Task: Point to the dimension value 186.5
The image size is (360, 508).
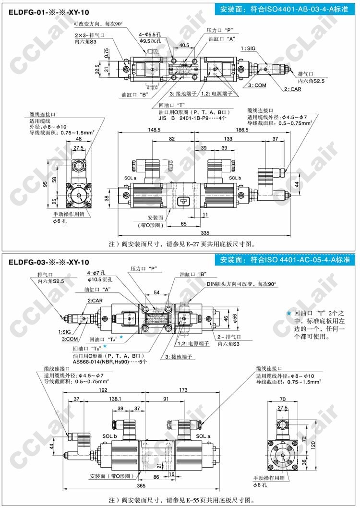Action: [241, 130]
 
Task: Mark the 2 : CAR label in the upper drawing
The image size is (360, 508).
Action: [292, 89]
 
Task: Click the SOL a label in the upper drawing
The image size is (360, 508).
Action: [130, 178]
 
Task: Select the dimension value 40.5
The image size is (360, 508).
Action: [184, 46]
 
